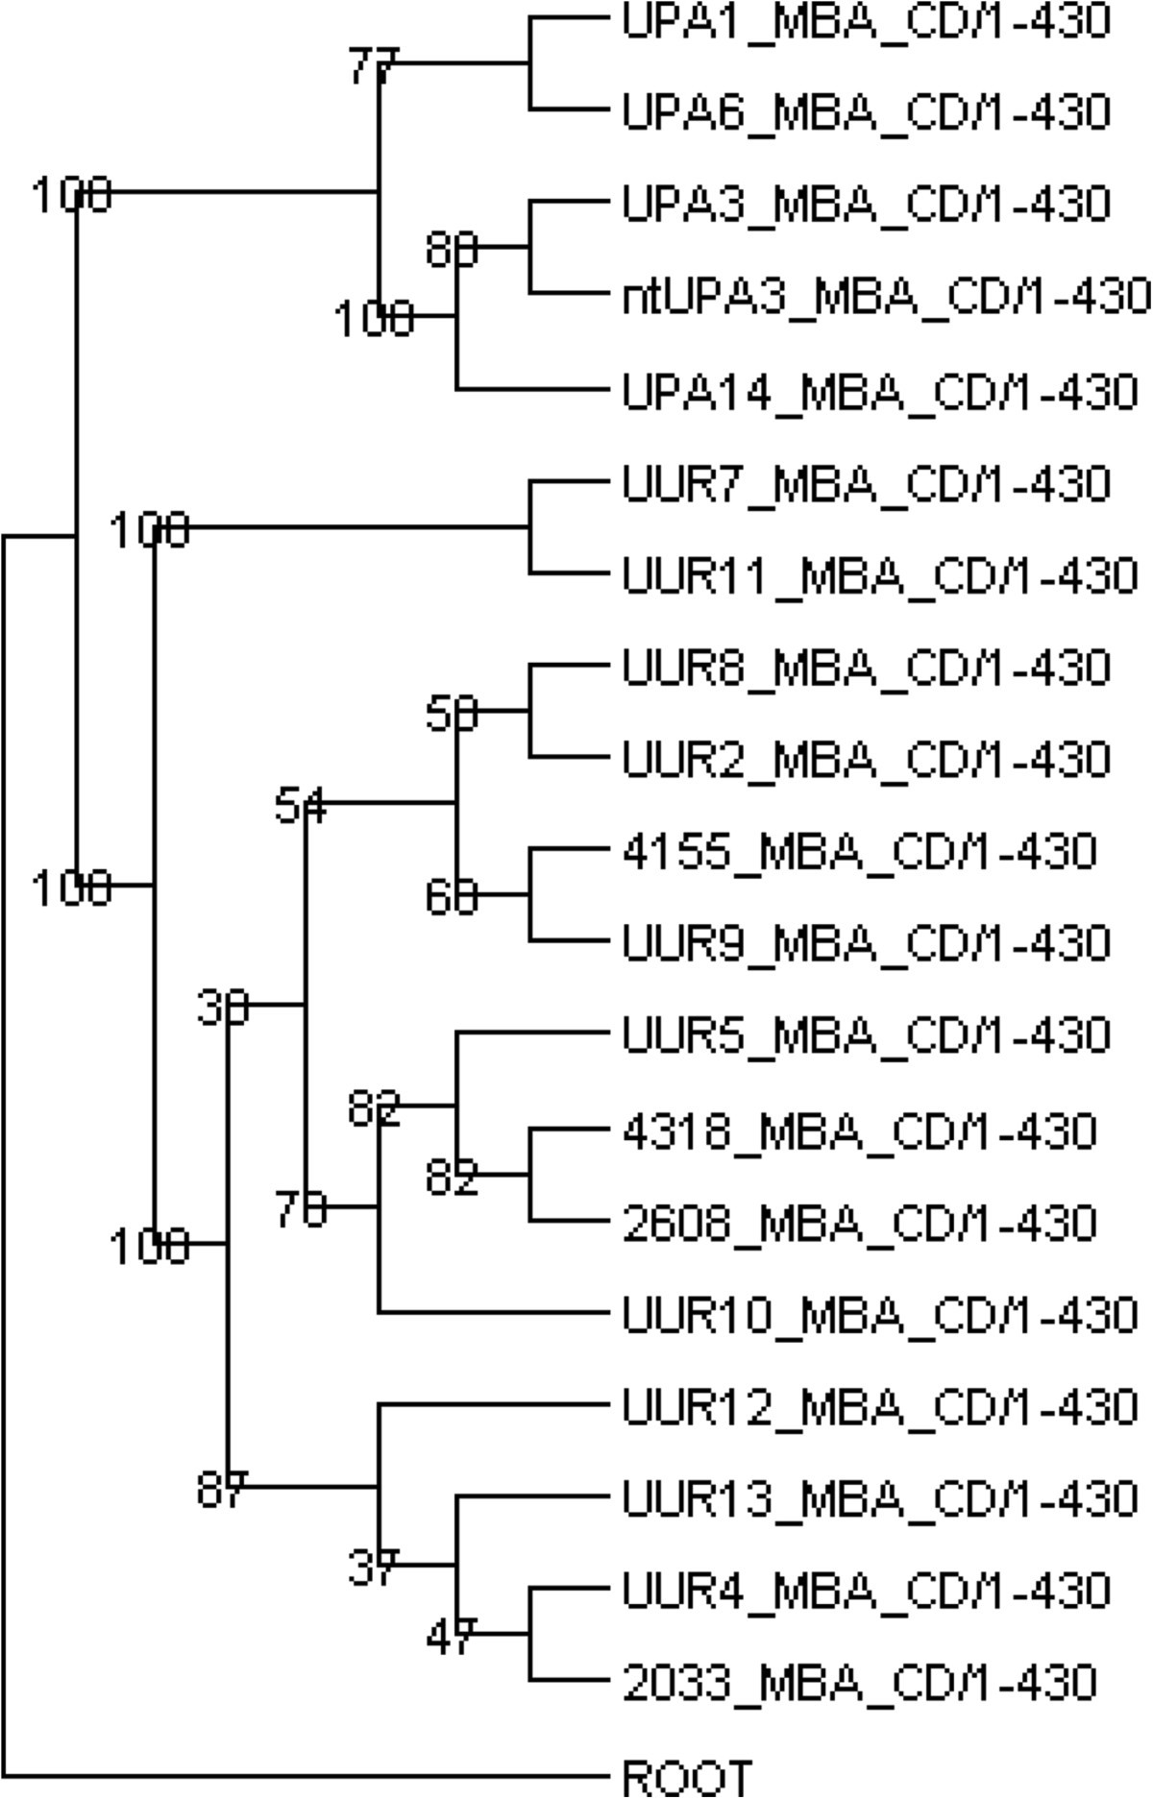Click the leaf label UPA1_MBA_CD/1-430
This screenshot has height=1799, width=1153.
(866, 20)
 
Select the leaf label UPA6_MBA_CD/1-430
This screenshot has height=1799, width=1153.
(866, 112)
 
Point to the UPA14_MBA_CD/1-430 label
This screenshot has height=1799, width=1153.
(879, 392)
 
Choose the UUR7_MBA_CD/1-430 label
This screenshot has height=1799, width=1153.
(866, 484)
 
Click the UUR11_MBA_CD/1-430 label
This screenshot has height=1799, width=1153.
(879, 576)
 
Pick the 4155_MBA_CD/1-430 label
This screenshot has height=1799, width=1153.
(859, 851)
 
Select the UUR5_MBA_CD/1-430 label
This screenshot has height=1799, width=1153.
(866, 1035)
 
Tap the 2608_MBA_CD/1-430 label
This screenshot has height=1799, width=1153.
(859, 1223)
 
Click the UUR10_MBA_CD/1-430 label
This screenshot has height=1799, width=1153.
(879, 1315)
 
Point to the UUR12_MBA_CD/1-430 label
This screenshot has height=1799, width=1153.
(879, 1407)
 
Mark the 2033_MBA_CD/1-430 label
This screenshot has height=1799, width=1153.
(859, 1682)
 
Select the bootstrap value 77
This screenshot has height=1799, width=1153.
(372, 66)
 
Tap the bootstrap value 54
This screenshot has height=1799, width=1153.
(300, 806)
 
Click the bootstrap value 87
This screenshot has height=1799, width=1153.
(221, 1490)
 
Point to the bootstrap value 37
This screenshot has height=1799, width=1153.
(372, 1568)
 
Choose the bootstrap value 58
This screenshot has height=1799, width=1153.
(451, 714)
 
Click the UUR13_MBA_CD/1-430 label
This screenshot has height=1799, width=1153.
(879, 1498)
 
